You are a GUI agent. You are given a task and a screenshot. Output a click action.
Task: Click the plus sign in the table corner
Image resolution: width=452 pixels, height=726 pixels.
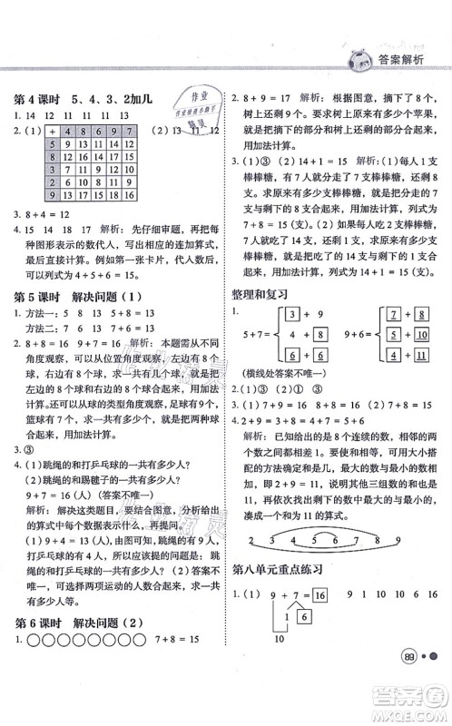pos(52,132)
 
